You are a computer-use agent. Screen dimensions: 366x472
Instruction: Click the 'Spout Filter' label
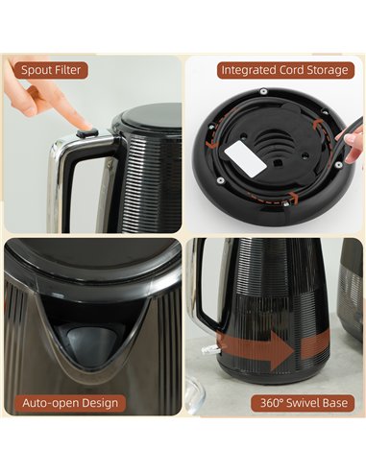[51, 70]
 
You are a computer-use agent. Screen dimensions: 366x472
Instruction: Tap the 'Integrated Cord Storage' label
[285, 70]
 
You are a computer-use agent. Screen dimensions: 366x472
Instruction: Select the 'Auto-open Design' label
[70, 403]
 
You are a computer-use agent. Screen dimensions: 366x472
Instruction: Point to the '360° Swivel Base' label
[304, 403]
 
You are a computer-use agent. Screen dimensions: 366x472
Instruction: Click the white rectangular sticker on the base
[245, 158]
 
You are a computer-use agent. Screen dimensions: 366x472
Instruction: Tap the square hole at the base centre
[277, 163]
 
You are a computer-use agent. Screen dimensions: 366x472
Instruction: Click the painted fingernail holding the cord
[352, 139]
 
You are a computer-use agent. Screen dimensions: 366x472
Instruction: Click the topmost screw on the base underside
[263, 91]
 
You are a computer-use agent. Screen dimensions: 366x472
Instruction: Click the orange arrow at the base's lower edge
[275, 200]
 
